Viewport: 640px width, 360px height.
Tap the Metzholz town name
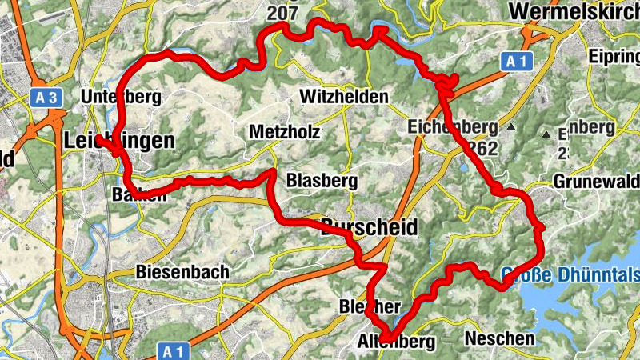click(x=285, y=132)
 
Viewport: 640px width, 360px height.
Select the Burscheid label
click(x=369, y=228)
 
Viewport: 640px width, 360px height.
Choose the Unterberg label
click(x=122, y=98)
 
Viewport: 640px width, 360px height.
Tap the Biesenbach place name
click(x=182, y=272)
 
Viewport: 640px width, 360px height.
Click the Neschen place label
click(x=498, y=338)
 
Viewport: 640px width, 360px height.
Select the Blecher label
click(x=370, y=306)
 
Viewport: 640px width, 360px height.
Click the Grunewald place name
click(x=596, y=180)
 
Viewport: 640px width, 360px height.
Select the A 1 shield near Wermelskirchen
click(x=516, y=61)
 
